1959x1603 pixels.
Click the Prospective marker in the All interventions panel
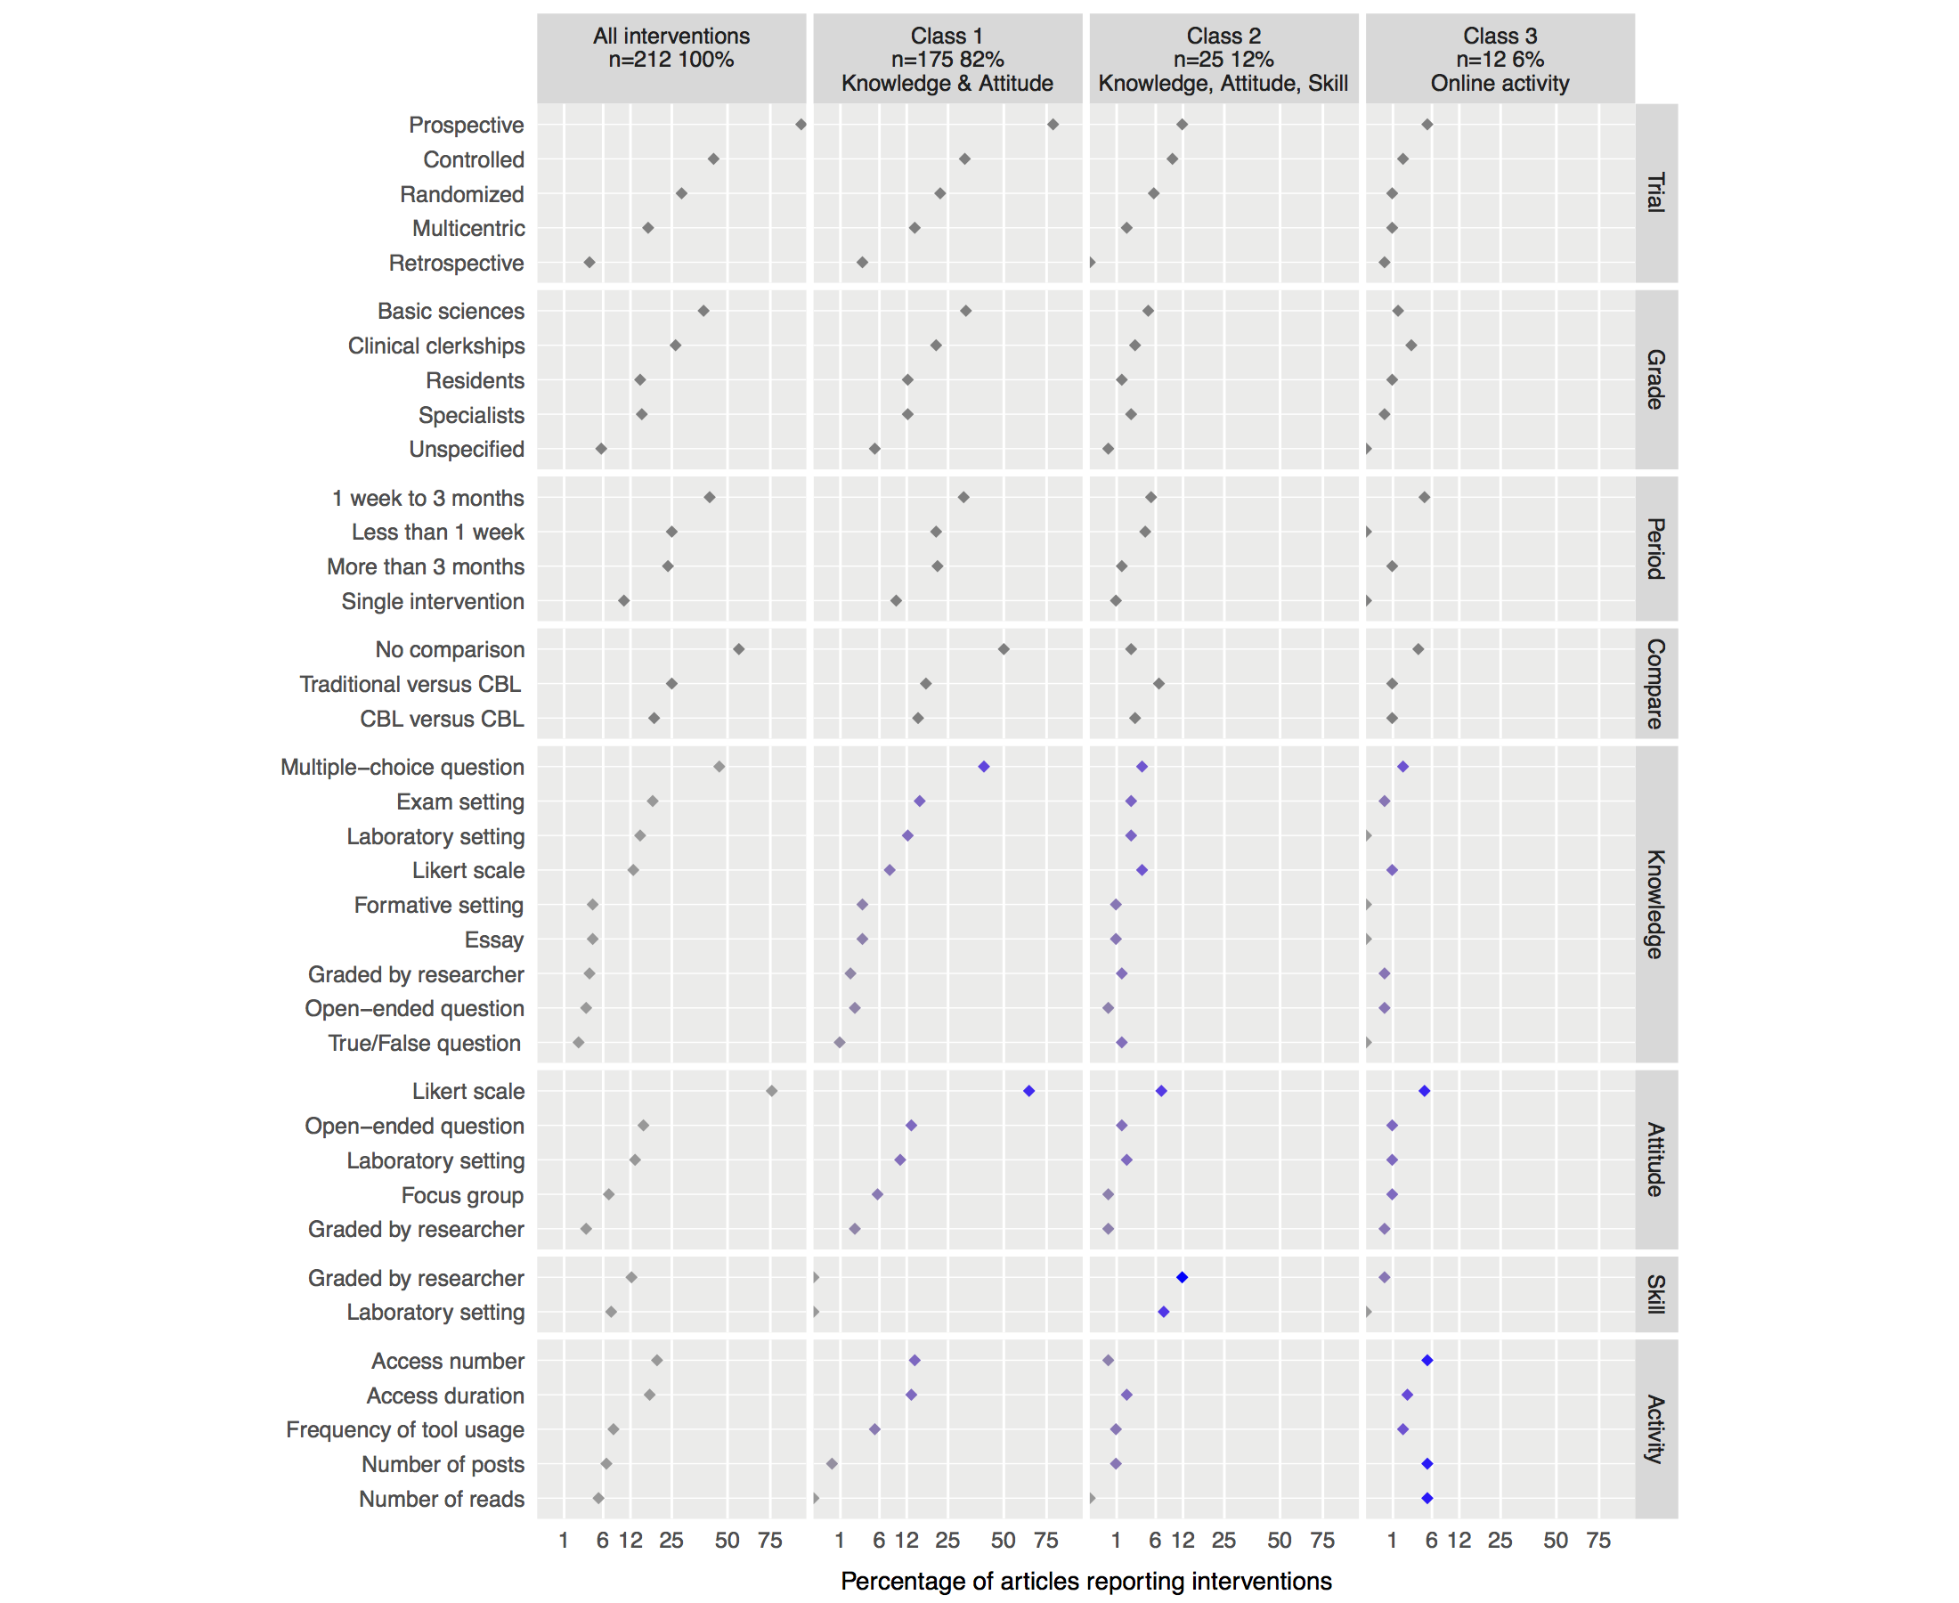click(801, 125)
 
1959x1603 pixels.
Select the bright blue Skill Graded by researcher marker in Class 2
click(1182, 1277)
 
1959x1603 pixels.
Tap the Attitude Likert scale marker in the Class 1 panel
click(1028, 1091)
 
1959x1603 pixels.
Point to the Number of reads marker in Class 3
click(1427, 1498)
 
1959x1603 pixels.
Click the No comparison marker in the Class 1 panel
click(1004, 649)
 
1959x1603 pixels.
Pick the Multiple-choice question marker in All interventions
click(719, 767)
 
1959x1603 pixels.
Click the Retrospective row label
click(456, 264)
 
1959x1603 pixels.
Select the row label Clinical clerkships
click(435, 346)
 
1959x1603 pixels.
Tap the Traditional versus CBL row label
click(410, 684)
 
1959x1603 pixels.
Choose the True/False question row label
click(424, 1043)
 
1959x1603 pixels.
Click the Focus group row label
click(461, 1195)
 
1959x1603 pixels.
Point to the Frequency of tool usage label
click(404, 1429)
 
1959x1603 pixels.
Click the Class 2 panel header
click(1223, 59)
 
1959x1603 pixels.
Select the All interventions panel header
click(671, 48)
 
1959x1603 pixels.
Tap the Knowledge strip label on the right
click(1656, 904)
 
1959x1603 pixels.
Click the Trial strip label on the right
click(1656, 193)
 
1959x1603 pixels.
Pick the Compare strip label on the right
click(1656, 683)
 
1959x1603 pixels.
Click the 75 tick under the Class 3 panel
click(1598, 1539)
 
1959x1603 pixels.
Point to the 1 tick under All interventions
click(564, 1539)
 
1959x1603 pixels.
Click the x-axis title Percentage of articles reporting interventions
click(1085, 1581)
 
